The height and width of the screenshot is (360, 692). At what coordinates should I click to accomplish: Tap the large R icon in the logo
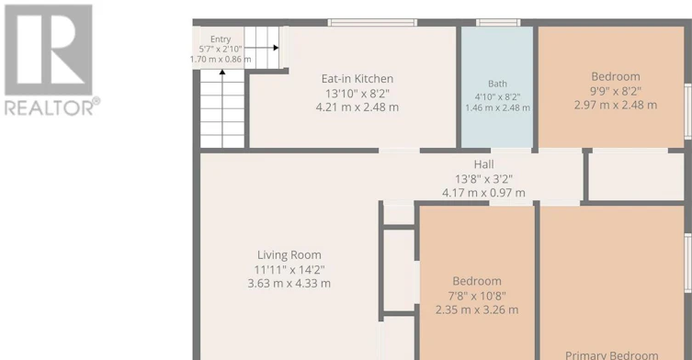click(49, 50)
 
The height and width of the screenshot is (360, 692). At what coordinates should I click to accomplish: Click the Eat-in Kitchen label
click(357, 79)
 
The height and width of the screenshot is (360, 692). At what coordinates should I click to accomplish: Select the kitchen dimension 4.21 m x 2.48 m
click(357, 107)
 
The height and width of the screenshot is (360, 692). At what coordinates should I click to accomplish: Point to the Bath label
click(497, 84)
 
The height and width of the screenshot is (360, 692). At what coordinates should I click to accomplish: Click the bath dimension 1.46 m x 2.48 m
click(498, 108)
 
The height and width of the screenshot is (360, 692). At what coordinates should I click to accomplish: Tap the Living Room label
click(289, 255)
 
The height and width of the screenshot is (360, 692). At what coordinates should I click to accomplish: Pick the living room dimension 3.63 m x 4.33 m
click(289, 283)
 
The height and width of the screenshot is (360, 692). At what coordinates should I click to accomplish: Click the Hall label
click(483, 164)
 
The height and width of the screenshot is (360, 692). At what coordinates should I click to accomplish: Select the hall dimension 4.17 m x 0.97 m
click(483, 193)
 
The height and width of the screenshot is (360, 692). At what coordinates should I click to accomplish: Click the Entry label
click(221, 39)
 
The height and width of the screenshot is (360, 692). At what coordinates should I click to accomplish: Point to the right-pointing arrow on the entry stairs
click(261, 48)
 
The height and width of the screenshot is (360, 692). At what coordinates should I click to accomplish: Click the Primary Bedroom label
click(612, 355)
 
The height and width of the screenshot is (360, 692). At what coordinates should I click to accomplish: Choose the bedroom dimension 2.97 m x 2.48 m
click(616, 105)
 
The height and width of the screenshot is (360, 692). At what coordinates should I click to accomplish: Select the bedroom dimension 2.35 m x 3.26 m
click(477, 309)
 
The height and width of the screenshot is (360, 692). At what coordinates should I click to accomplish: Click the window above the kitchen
click(372, 22)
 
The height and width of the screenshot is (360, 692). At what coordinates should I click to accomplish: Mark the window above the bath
click(498, 22)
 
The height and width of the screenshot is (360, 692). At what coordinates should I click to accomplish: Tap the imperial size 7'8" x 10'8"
click(477, 296)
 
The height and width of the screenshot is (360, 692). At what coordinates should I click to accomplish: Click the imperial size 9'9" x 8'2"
click(616, 91)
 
